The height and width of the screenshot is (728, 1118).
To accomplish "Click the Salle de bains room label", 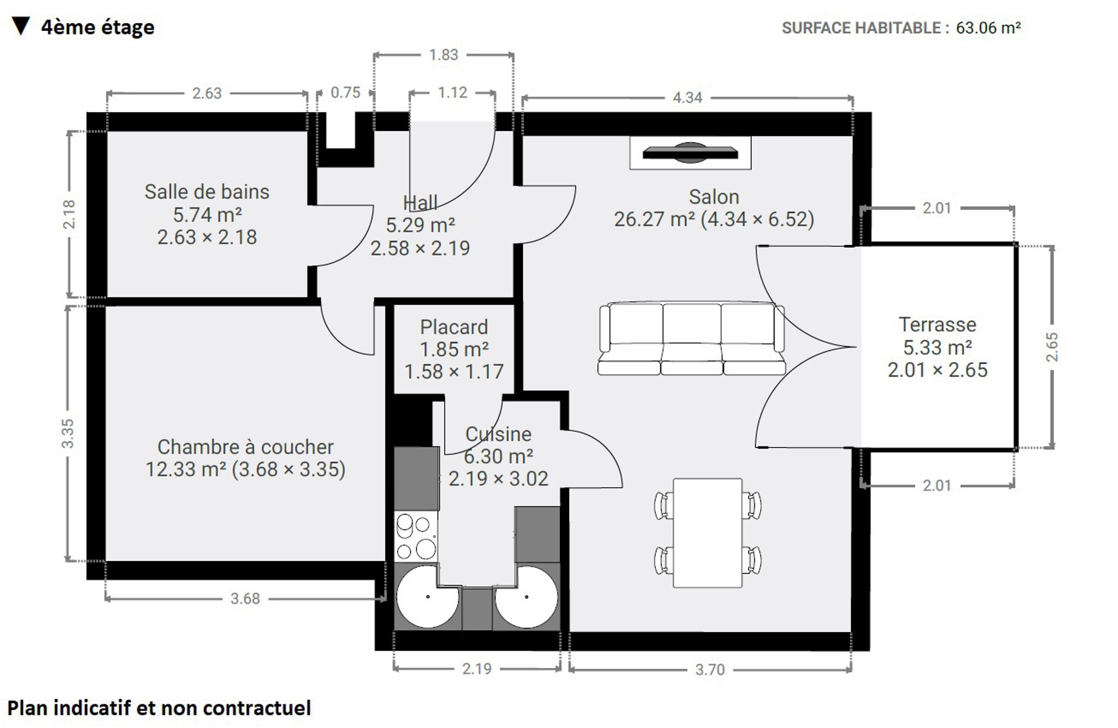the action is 207,192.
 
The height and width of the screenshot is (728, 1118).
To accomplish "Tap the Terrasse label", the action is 937,325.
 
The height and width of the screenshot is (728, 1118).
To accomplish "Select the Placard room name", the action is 454,327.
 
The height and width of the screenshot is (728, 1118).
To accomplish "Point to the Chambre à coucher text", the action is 245,447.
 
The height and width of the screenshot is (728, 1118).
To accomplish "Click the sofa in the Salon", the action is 692,339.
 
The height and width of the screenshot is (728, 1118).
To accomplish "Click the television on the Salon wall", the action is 690,153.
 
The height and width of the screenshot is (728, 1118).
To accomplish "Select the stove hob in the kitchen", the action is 416,536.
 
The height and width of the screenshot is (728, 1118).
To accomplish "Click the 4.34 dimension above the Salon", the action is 687,98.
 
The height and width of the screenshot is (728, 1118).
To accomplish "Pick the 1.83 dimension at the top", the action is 443,55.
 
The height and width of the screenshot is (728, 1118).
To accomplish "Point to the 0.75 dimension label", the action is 345,93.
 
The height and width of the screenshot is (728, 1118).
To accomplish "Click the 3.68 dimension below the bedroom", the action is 245,599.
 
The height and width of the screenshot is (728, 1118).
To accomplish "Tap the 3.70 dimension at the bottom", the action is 710,670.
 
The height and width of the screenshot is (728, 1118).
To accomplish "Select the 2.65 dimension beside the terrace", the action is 1052,347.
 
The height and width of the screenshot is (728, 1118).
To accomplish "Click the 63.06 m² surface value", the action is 988,28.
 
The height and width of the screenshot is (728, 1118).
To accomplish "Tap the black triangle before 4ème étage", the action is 21,26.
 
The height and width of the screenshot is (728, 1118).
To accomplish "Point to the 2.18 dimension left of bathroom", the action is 69,214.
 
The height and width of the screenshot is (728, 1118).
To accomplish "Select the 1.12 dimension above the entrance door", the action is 453,93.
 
